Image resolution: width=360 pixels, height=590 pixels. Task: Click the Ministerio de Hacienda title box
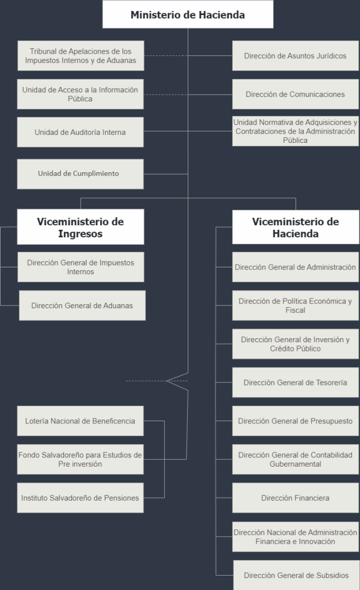click(188, 14)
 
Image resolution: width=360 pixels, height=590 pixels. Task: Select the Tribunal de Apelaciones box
click(81, 56)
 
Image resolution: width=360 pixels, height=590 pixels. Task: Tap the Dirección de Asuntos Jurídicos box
click(295, 56)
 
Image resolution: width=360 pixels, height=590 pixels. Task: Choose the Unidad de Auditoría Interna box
click(81, 132)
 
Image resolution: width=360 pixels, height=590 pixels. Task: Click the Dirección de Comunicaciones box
click(295, 94)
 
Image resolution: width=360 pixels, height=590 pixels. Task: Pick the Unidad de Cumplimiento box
click(81, 173)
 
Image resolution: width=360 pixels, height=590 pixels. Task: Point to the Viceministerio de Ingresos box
click(81, 227)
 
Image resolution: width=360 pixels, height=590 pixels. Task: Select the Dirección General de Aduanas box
click(82, 305)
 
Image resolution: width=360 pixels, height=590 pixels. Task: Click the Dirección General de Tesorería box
click(295, 383)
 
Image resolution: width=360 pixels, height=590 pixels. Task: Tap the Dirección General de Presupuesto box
click(295, 421)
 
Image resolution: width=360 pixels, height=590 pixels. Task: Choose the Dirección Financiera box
click(295, 498)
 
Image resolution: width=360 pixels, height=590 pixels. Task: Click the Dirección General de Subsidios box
click(296, 575)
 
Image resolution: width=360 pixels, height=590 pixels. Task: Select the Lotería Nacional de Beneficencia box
click(81, 421)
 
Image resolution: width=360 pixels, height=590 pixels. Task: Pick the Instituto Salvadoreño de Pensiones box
click(81, 498)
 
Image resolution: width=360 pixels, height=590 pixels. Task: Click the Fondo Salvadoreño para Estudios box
click(81, 459)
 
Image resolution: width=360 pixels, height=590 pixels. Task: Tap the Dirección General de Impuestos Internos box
click(81, 267)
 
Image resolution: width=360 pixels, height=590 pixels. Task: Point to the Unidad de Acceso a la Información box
click(81, 94)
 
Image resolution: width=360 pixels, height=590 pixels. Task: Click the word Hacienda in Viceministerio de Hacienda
click(295, 235)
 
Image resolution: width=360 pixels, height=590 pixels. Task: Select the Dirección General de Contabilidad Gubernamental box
click(295, 459)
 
